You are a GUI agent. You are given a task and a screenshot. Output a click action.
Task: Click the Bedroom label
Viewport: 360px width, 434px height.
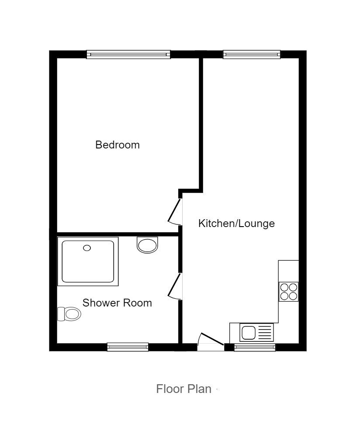click(x=118, y=145)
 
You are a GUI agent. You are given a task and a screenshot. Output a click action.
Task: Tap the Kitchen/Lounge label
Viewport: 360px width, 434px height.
click(x=236, y=224)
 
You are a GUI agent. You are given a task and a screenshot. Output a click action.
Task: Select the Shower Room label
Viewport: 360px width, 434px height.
click(x=117, y=303)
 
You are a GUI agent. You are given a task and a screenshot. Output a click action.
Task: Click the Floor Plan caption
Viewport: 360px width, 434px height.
click(x=183, y=389)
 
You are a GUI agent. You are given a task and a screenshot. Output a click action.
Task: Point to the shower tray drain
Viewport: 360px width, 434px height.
click(x=87, y=248)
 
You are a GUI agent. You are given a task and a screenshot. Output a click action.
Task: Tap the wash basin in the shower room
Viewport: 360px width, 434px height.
click(x=147, y=245)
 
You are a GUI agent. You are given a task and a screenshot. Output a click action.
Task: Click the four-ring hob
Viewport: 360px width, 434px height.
click(x=289, y=291)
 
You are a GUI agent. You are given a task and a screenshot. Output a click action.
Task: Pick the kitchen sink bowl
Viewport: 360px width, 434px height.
click(x=249, y=333)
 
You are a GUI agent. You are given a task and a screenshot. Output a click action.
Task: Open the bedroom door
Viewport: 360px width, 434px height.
click(x=175, y=212)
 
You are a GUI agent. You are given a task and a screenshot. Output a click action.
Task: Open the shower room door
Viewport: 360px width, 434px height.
click(x=175, y=286)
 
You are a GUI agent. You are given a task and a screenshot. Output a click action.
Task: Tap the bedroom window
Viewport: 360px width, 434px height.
click(x=128, y=54)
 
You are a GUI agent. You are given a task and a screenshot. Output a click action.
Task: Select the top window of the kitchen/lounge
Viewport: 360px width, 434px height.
click(x=251, y=54)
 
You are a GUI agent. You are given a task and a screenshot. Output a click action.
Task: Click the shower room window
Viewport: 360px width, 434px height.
click(x=128, y=347)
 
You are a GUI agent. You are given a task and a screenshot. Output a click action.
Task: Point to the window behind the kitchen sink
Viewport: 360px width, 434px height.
click(x=255, y=347)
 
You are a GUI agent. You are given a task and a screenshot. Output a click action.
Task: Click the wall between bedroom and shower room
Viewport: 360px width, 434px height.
click(x=118, y=234)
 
